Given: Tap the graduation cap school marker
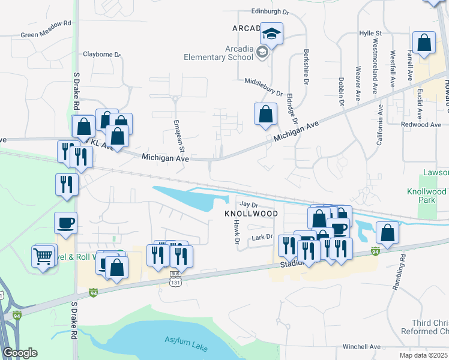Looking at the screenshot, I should coord(271,34).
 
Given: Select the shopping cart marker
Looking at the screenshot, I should coord(43,256).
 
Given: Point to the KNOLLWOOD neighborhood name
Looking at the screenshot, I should coord(251,214).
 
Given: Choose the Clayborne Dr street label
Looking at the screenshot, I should coord(102,54).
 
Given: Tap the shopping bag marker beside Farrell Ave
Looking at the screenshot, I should coord(424,43).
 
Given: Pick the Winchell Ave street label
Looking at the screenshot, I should coord(361,346).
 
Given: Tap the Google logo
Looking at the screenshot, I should coord(20,352).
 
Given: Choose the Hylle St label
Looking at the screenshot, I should coord(370,33).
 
